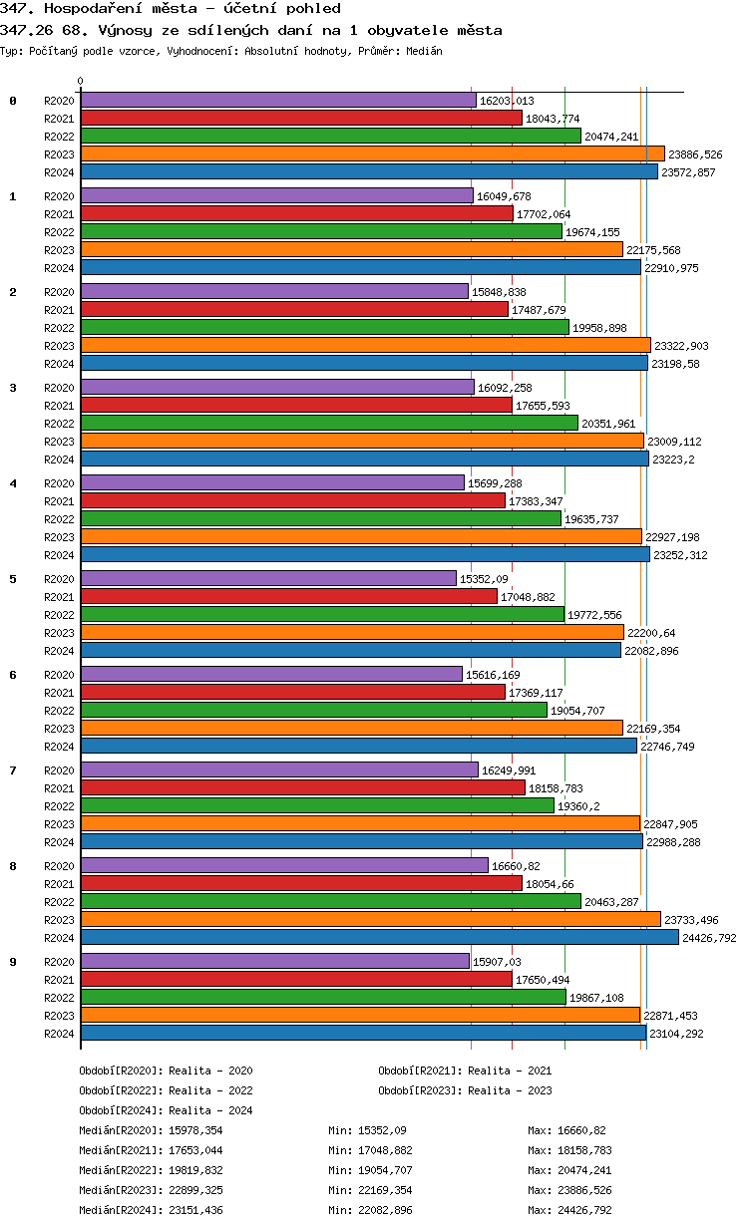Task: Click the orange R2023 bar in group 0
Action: coord(372,154)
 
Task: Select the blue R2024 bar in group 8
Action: coord(379,937)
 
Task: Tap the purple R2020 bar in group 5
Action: coord(268,578)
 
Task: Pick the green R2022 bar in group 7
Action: coord(317,805)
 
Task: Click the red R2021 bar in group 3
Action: coord(296,405)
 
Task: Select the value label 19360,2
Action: coord(579,806)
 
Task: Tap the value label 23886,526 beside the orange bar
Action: coord(695,154)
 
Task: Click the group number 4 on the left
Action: coord(13,483)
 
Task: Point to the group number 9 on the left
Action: coord(13,962)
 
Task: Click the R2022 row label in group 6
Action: coord(59,711)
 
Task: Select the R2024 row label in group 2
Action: coord(59,364)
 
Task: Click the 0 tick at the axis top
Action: coord(81,82)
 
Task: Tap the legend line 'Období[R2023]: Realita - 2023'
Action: coord(465,1090)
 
